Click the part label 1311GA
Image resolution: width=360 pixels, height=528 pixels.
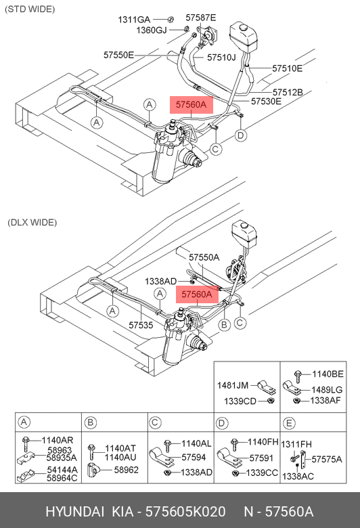[134, 20]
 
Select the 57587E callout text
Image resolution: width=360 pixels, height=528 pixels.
[201, 18]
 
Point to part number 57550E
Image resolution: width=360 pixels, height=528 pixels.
[118, 55]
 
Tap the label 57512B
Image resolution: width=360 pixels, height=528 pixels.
[288, 92]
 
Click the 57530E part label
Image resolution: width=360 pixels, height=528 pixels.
[266, 101]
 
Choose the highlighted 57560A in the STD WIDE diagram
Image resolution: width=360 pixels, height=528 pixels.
[192, 105]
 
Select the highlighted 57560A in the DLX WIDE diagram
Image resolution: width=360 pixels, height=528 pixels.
[197, 294]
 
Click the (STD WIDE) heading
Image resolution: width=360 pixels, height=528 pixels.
[30, 9]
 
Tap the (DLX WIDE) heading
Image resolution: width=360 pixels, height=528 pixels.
[32, 223]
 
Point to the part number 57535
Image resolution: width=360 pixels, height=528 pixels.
[141, 325]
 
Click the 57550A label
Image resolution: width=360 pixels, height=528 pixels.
[204, 258]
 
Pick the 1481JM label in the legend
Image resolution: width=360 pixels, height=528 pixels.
[233, 385]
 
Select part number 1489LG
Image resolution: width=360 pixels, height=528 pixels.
[327, 390]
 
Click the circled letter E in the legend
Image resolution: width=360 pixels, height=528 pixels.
[289, 423]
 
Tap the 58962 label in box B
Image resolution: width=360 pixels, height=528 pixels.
[127, 470]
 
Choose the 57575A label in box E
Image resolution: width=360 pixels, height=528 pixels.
[327, 460]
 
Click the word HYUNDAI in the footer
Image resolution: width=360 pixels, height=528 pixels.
[74, 512]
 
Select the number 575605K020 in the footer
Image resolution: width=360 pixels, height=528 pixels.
[185, 512]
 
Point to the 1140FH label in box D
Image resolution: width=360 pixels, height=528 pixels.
[263, 442]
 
